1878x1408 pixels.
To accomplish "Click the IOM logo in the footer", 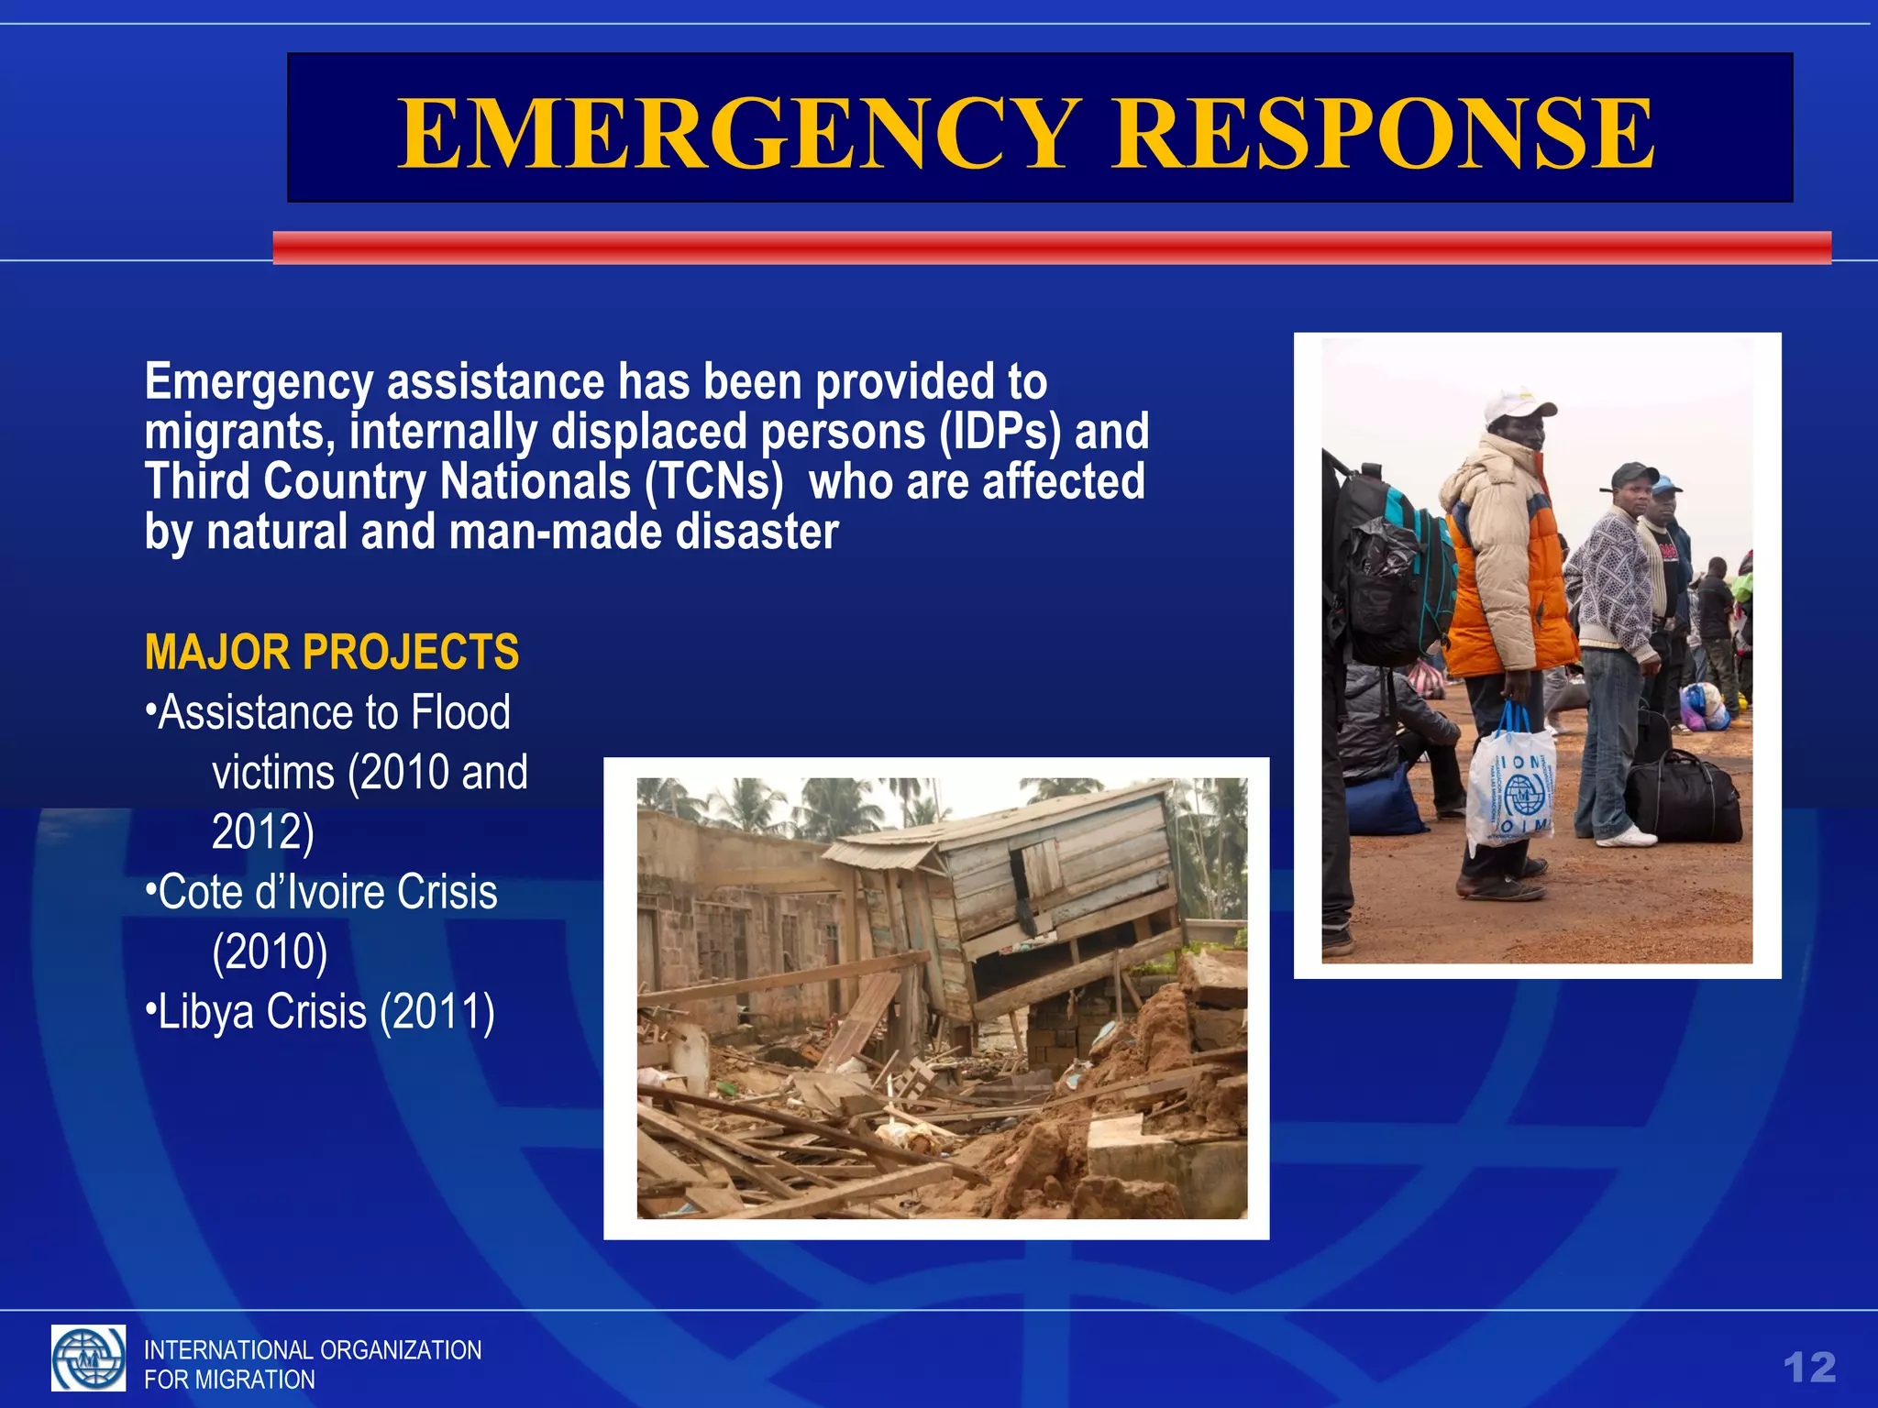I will click(x=88, y=1358).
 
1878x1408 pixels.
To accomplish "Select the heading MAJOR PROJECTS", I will click(x=332, y=653).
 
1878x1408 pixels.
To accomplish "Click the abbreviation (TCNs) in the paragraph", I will click(x=714, y=482).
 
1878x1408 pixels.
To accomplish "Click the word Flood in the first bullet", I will click(x=460, y=713).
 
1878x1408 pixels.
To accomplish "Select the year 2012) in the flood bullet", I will click(x=263, y=832).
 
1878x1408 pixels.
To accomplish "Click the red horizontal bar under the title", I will click(x=1051, y=247).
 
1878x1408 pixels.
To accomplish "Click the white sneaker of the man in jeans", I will click(x=1627, y=837).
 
